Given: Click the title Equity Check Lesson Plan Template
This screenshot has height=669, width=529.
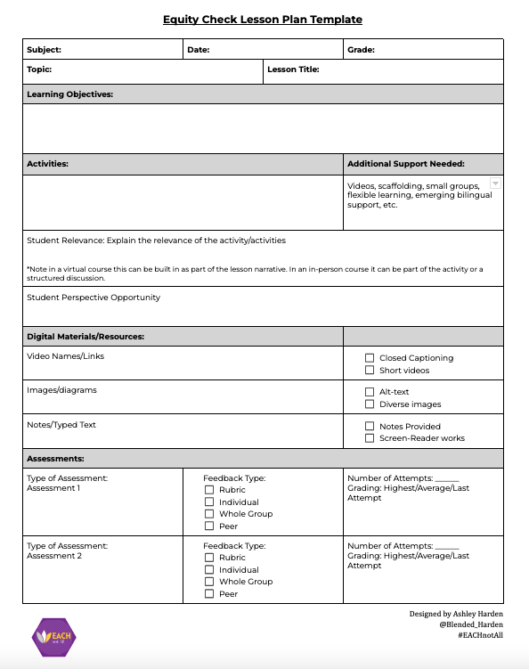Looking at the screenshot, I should [x=263, y=20].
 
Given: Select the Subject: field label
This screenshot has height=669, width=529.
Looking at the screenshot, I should [x=44, y=50].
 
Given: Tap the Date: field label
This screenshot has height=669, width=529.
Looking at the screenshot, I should [x=198, y=50].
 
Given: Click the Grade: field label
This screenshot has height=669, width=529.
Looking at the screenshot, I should [x=361, y=50].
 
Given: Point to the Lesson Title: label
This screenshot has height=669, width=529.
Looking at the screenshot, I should [x=293, y=69].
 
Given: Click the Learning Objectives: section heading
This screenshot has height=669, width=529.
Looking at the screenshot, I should [x=69, y=94].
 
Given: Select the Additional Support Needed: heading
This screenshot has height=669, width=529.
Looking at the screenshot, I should [x=406, y=164].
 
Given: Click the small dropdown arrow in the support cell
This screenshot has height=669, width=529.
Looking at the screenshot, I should [x=495, y=184].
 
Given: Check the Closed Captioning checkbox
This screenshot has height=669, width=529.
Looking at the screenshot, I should [x=370, y=358].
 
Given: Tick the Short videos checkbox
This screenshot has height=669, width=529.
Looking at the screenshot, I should [x=370, y=371].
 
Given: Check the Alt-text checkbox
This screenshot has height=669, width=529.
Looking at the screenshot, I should [x=370, y=392].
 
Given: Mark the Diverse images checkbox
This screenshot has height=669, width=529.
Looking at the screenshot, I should [x=370, y=404].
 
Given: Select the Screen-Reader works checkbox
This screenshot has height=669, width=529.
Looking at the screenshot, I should [x=370, y=438].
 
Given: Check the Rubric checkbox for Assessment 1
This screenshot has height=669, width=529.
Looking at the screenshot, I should [x=209, y=490].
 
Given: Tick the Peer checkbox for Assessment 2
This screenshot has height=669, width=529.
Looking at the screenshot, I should [x=209, y=594].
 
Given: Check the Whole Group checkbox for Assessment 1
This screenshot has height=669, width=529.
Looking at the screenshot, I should [x=209, y=514].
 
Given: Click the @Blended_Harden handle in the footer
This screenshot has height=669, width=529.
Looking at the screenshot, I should [x=471, y=625].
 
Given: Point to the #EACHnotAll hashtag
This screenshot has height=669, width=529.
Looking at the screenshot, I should [x=478, y=637].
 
